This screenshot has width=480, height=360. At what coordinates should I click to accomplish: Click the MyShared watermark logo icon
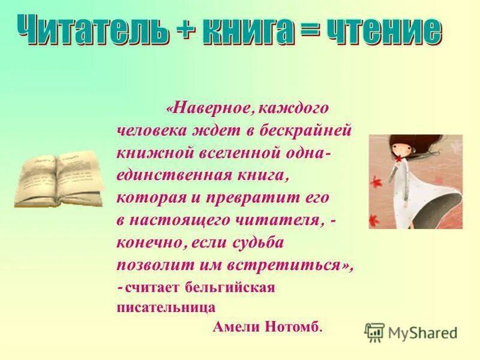375,332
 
